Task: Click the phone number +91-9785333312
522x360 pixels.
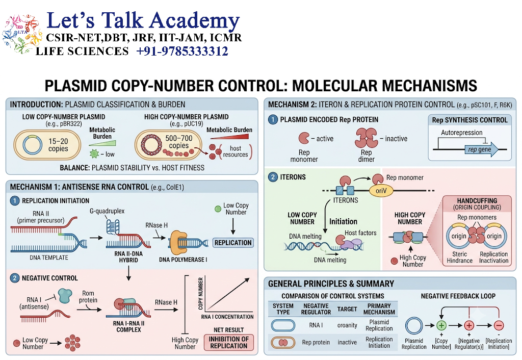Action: tap(182, 52)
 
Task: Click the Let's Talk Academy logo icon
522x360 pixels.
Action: tap(22, 34)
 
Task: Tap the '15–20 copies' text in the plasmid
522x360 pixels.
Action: tap(58, 145)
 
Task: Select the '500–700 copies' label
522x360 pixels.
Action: tap(179, 142)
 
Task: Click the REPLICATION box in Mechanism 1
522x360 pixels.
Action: tap(233, 243)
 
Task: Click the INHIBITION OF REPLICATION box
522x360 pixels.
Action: tap(229, 342)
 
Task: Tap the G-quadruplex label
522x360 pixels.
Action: tap(107, 211)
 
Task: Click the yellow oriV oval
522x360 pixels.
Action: tap(381, 191)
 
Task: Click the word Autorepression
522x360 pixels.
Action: tap(461, 133)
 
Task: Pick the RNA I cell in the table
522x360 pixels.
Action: tap(316, 325)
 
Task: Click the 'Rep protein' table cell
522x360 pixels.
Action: tap(316, 342)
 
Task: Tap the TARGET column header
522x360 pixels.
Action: tap(347, 309)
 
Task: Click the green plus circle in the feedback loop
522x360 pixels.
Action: tap(441, 325)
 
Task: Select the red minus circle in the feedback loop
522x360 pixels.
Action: tap(499, 325)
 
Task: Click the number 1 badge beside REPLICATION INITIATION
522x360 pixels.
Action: tap(15, 201)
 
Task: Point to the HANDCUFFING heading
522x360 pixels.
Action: tap(477, 201)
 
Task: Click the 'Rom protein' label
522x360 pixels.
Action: tap(88, 297)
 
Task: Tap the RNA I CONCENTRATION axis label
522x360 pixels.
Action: tap(227, 317)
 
